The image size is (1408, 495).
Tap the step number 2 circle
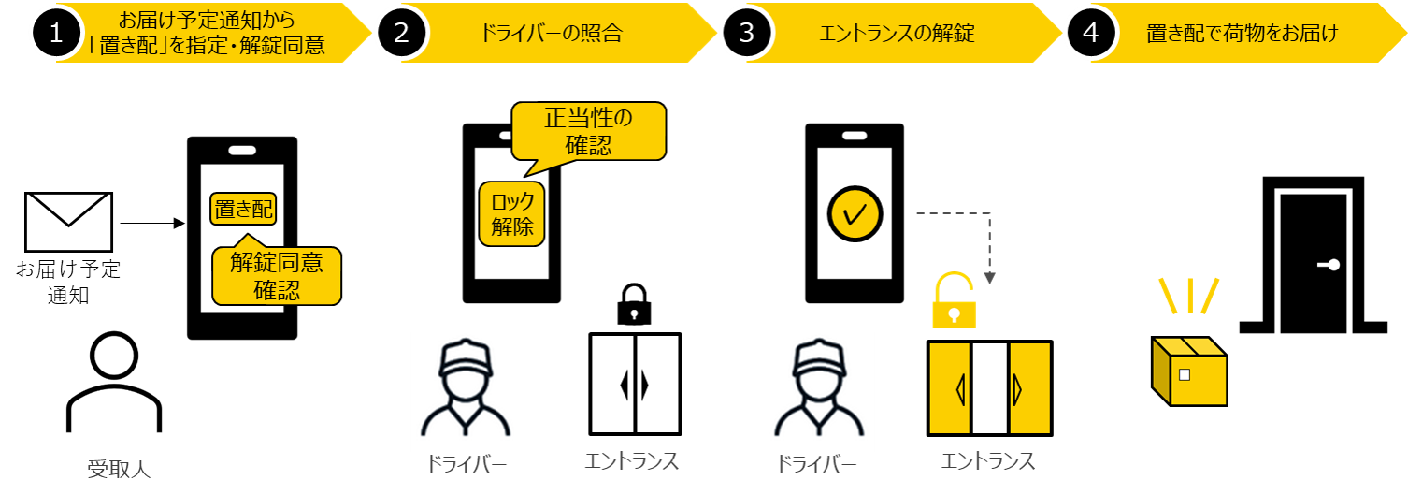[x=402, y=33]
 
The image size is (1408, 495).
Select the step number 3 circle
[x=746, y=33]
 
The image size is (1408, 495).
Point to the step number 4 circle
[x=1091, y=33]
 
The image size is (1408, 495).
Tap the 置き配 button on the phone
[x=243, y=210]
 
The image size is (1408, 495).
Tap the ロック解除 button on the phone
[x=511, y=214]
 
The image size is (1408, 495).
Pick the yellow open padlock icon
[x=954, y=301]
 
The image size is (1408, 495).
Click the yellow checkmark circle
[x=855, y=214]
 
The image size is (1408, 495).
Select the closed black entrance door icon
[x=635, y=385]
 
